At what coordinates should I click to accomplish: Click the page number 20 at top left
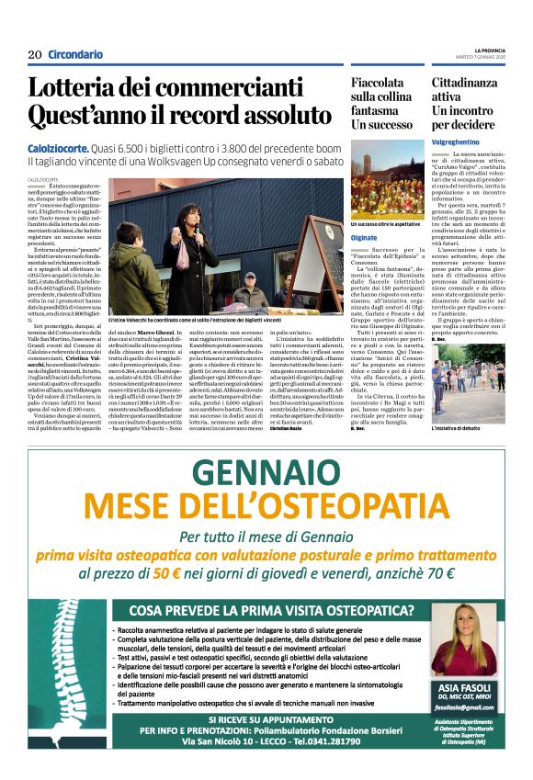click(x=35, y=54)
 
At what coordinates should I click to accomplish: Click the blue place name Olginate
click(x=365, y=236)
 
